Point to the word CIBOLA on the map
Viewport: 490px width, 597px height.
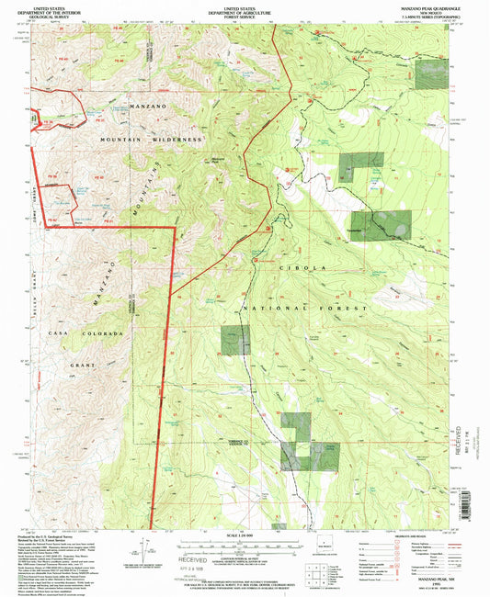click(x=308, y=266)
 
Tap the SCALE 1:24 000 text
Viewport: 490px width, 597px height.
click(x=245, y=533)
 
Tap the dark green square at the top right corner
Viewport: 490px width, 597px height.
click(x=430, y=74)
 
